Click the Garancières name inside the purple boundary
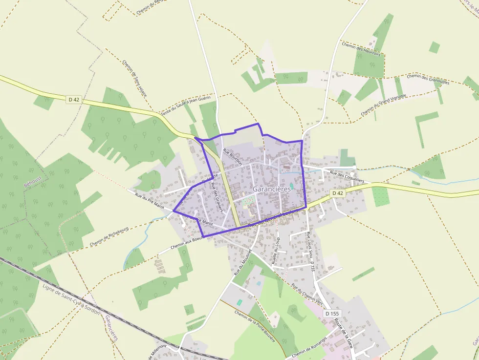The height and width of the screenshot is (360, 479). pos(272,189)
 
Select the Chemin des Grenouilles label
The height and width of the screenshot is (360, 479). pos(428,79)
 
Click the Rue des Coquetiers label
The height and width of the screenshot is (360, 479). pos(347,176)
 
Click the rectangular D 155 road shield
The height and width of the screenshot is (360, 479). pos(331,313)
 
